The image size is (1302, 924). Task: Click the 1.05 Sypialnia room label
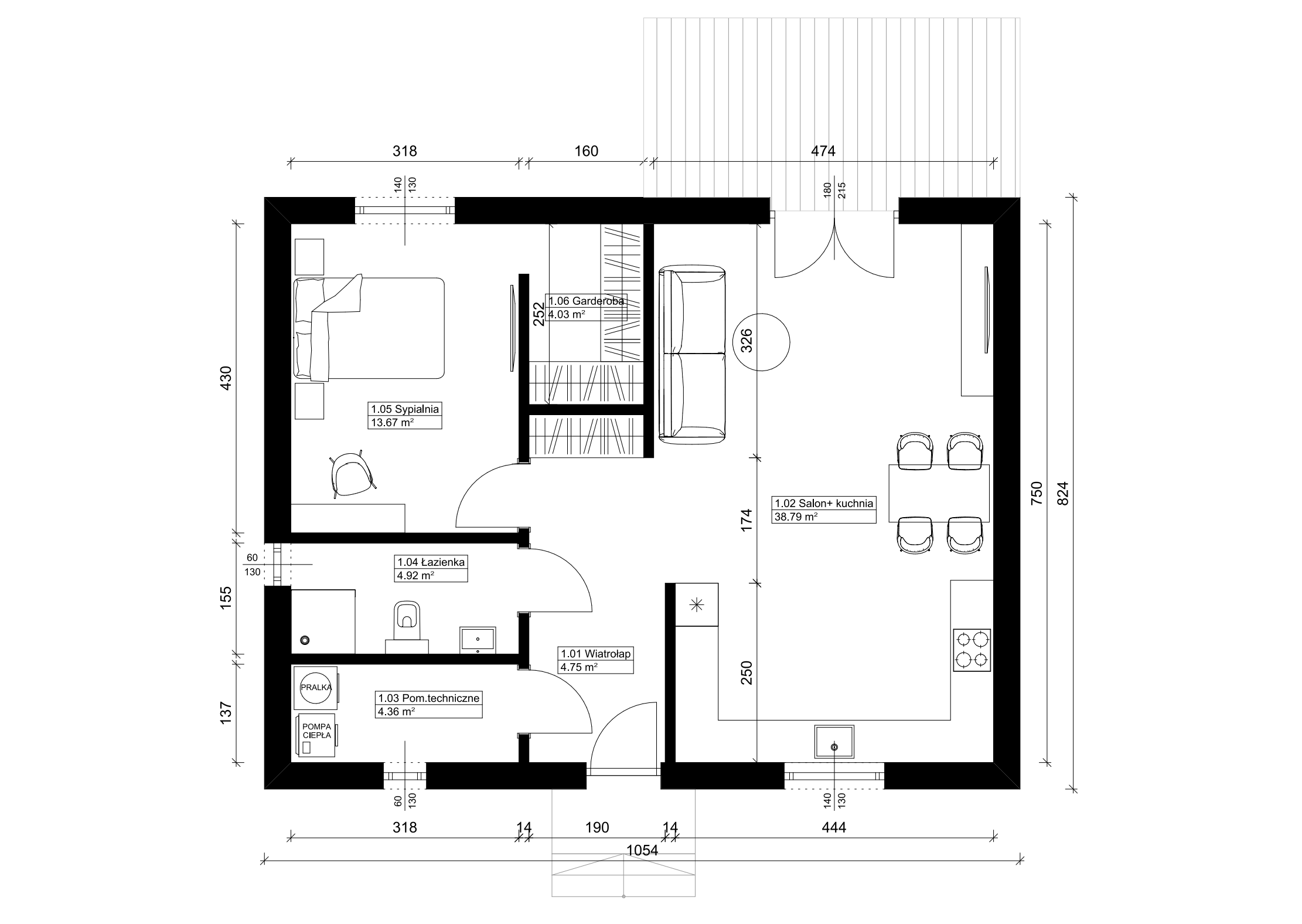point(404,416)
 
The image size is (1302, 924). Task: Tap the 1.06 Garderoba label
point(586,308)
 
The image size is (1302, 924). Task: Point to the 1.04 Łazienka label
point(431,569)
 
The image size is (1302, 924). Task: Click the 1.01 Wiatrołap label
point(596,660)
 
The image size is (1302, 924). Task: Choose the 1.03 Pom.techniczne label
point(429,705)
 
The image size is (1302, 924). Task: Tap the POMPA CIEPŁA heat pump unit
point(316,735)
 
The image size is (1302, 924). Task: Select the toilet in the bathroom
point(407,623)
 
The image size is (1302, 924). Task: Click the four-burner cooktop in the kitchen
point(972,650)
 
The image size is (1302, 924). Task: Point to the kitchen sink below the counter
point(834,742)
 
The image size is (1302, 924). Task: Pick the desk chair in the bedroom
point(353,474)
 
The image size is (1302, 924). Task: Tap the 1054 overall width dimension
point(642,850)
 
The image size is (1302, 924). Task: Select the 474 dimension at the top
point(823,151)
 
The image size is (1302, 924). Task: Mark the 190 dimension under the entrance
point(597,827)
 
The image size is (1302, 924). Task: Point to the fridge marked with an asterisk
point(697,604)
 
